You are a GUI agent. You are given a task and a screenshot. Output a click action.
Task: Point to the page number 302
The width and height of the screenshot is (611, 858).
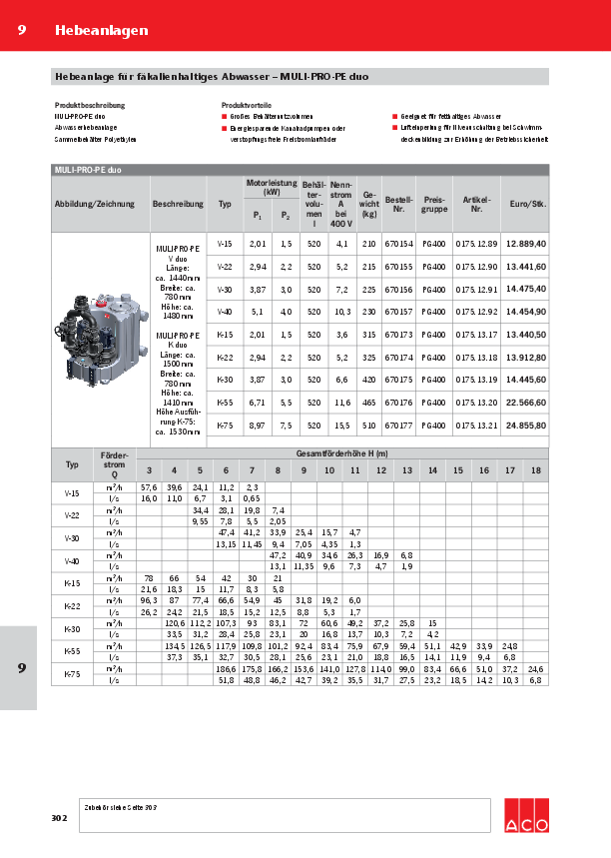59,818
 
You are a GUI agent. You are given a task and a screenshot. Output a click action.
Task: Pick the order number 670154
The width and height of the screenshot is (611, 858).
398,244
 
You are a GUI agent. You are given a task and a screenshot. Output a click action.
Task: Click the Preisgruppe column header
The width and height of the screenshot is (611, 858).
434,204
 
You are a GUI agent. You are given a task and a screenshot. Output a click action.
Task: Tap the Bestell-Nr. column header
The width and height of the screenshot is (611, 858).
398,204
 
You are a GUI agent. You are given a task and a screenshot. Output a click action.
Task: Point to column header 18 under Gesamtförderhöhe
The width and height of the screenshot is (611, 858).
536,470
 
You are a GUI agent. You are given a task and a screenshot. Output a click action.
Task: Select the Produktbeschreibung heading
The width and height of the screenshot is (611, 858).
90,104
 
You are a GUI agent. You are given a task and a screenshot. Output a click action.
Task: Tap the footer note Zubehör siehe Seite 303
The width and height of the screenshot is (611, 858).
120,805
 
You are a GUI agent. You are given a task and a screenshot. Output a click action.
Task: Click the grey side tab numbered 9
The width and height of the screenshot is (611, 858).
21,667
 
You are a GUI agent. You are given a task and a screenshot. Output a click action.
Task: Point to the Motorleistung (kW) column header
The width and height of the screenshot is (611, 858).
272,187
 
